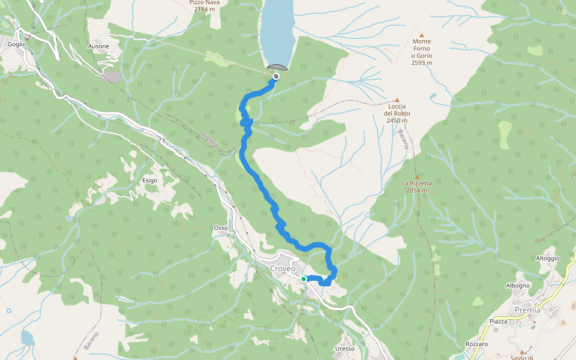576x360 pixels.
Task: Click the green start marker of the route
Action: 304,279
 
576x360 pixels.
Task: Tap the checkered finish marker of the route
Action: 275,76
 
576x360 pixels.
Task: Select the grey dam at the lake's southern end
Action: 278,67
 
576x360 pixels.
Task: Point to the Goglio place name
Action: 17,44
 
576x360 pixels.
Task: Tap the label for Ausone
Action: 98,46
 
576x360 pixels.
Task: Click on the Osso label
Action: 220,228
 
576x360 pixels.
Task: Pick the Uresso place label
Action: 345,349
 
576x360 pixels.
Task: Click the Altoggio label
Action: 547,258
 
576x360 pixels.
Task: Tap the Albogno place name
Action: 518,286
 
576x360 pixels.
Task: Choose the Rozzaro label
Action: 476,344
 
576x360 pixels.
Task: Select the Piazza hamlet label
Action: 498,322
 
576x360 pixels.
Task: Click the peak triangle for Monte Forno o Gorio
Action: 421,35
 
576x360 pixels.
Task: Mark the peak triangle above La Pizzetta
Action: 416,176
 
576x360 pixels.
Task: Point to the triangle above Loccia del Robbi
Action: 397,100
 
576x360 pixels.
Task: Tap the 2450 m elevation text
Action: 397,121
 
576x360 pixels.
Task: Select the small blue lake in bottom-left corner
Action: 28,338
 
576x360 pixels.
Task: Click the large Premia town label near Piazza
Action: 527,310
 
